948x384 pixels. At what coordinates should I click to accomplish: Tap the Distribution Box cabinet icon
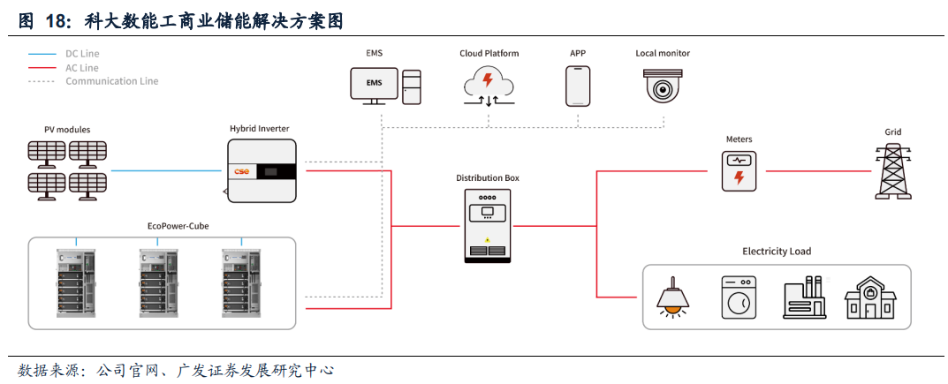[487, 225]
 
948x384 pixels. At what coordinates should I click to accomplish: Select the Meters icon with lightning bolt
[739, 171]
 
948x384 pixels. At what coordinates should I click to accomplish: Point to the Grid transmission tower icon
[893, 170]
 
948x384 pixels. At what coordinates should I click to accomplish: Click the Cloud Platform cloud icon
[488, 86]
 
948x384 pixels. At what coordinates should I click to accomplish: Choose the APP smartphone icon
[578, 86]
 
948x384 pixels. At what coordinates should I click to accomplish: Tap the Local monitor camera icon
[662, 87]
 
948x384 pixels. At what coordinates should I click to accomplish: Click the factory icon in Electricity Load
[803, 297]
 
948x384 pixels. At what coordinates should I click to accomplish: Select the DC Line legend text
[82, 54]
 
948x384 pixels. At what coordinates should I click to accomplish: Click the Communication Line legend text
[111, 81]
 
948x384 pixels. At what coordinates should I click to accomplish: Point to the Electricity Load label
[777, 252]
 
